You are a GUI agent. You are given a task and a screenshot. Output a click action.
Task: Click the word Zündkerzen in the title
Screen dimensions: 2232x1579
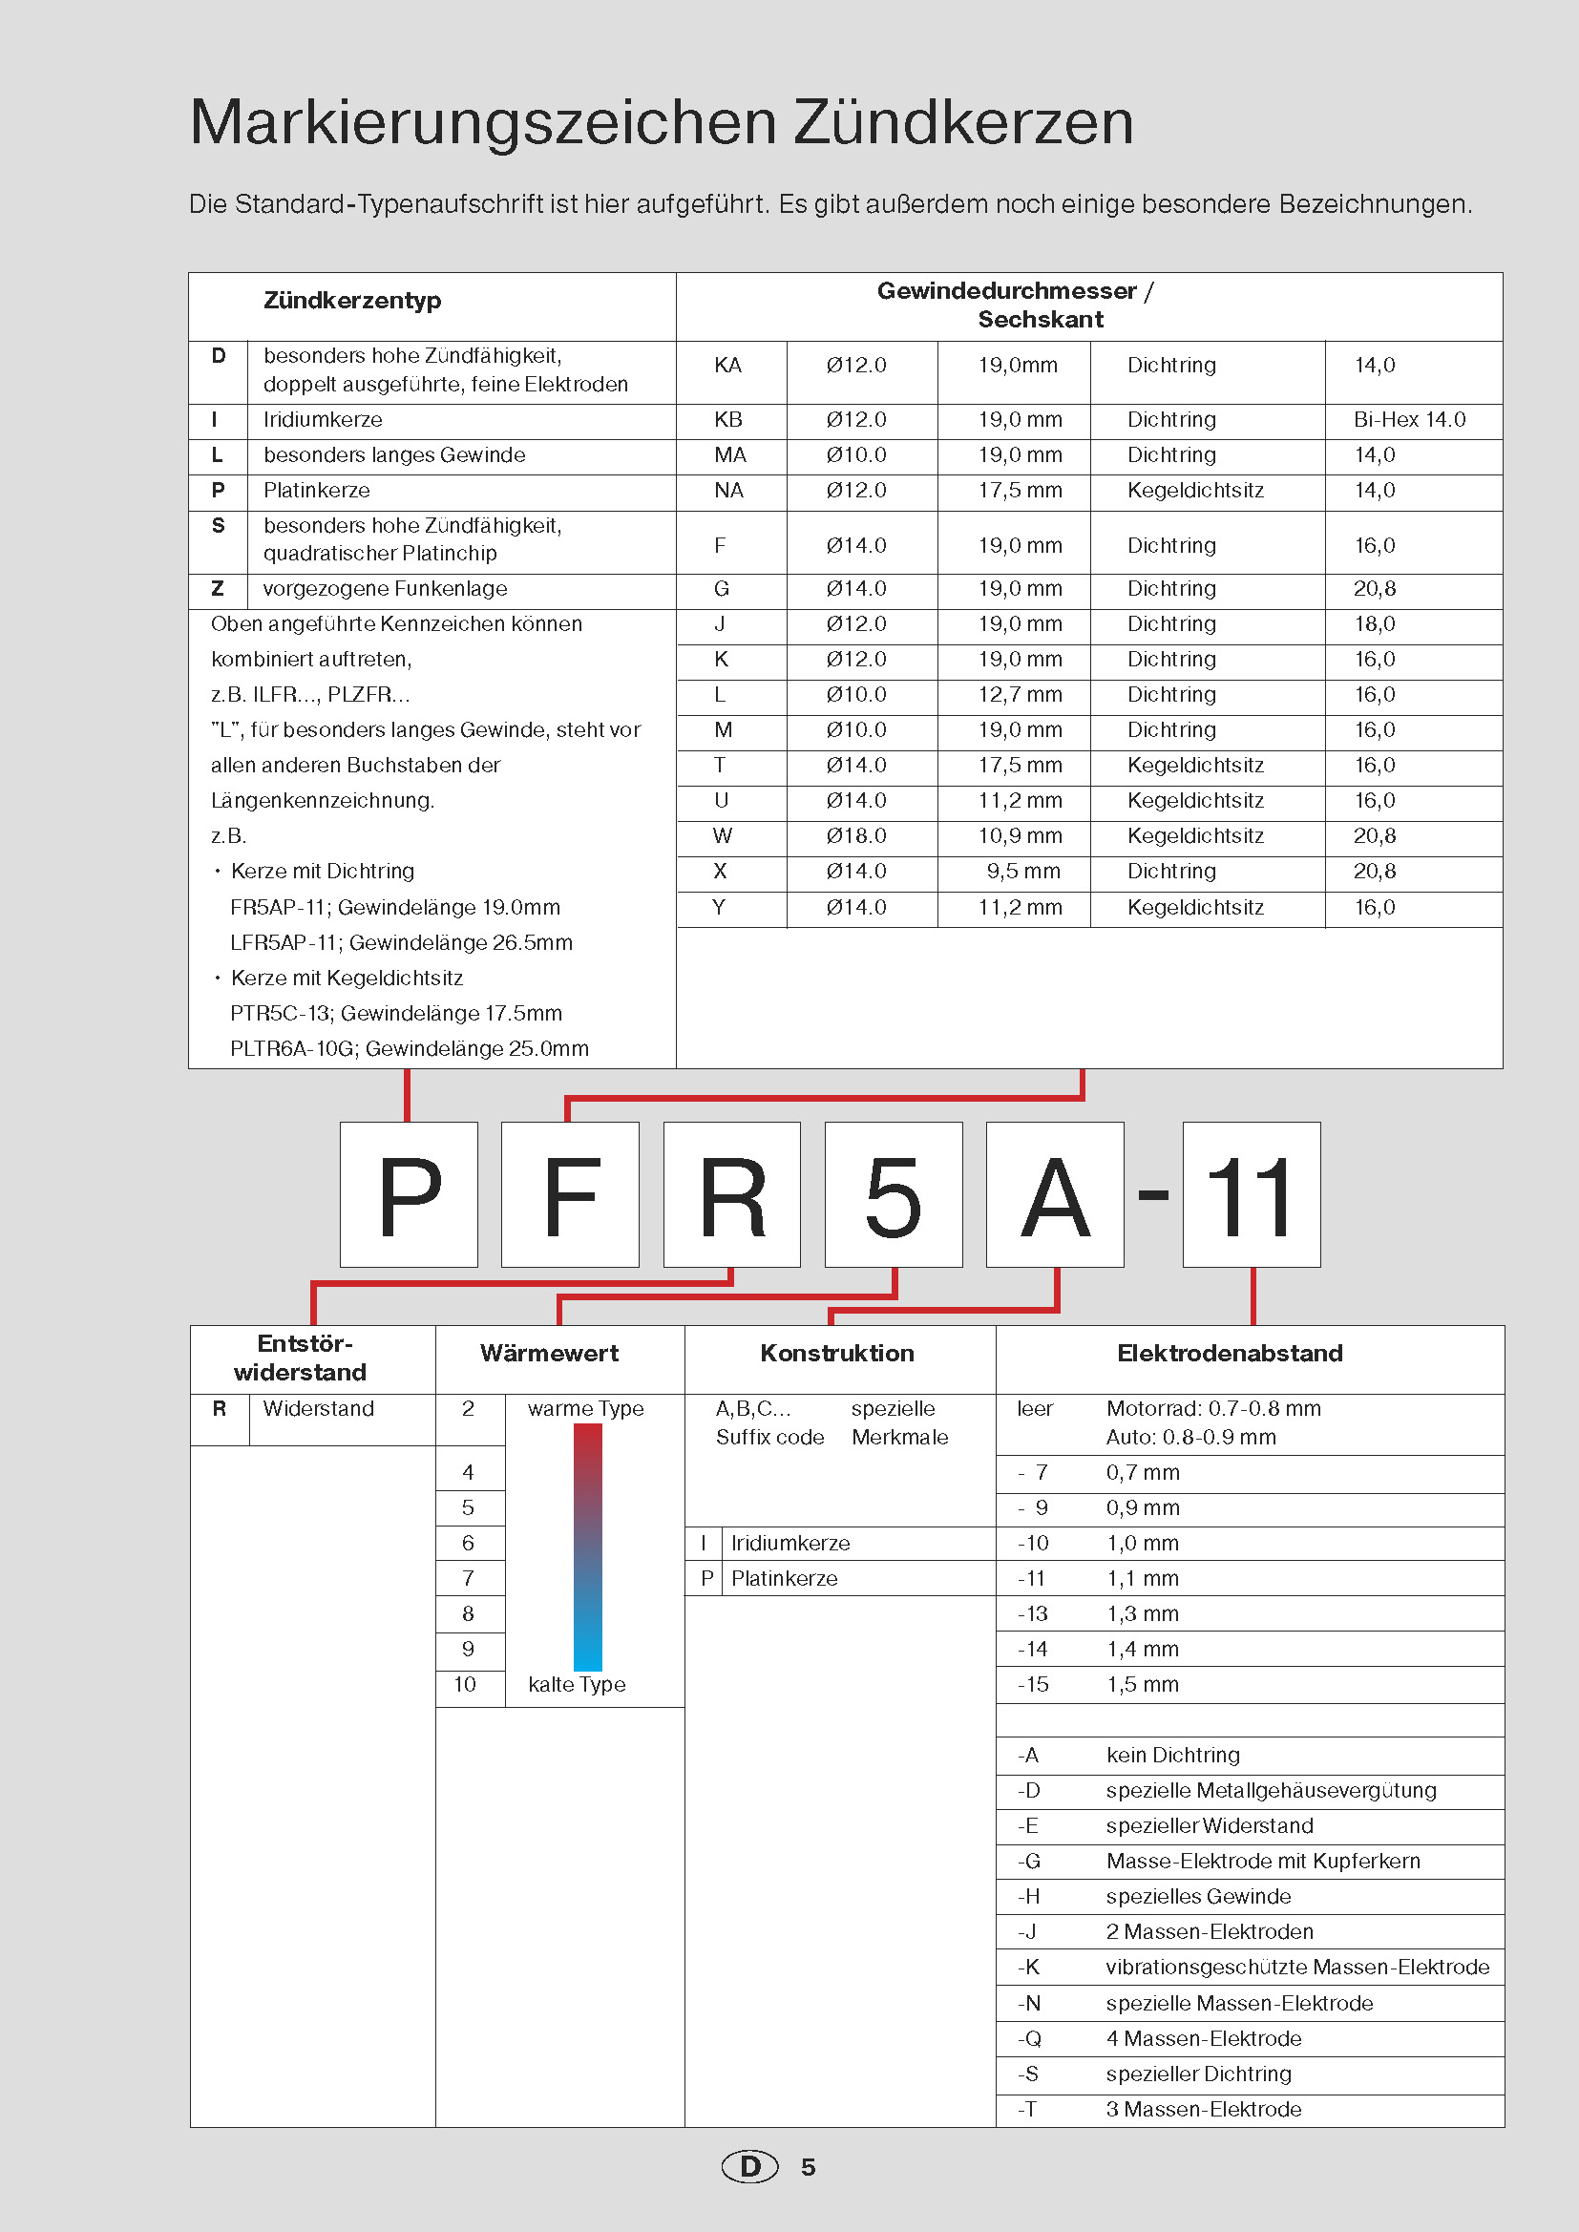[962, 122]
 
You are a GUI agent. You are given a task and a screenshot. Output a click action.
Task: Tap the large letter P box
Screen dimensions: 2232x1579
[409, 1193]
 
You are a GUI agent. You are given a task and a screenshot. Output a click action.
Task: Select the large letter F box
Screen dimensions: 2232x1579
[570, 1193]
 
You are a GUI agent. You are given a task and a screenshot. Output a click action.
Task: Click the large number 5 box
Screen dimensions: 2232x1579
[893, 1193]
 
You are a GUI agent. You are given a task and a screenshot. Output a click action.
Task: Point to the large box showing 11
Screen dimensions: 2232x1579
[1251, 1193]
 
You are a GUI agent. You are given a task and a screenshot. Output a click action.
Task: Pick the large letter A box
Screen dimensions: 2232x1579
[1054, 1193]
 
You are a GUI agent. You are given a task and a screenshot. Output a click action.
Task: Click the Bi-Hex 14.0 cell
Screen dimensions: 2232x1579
[1409, 420]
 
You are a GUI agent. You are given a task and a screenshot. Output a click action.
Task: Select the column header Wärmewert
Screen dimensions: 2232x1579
[549, 1353]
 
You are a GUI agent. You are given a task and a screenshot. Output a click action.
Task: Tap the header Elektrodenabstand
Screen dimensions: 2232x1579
[1229, 1353]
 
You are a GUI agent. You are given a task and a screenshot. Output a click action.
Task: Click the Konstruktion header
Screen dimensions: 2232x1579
[837, 1353]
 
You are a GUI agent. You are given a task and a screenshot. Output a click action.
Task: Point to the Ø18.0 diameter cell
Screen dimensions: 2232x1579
[855, 836]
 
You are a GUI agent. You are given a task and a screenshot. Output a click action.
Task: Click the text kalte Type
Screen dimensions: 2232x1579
[577, 1685]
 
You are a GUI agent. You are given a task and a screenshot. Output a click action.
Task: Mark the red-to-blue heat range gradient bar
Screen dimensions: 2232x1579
[587, 1547]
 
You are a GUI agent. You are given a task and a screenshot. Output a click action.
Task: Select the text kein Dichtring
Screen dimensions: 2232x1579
[1172, 1755]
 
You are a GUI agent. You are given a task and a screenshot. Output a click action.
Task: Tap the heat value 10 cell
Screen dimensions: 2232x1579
[466, 1685]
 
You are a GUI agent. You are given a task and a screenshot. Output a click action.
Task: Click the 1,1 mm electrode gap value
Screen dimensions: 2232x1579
[1142, 1579]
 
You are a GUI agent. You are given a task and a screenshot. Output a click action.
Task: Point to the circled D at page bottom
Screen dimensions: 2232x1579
[749, 2166]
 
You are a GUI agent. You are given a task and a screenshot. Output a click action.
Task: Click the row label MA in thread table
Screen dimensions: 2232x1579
[730, 455]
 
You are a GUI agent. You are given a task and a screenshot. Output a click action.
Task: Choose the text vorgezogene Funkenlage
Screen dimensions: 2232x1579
[385, 589]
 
